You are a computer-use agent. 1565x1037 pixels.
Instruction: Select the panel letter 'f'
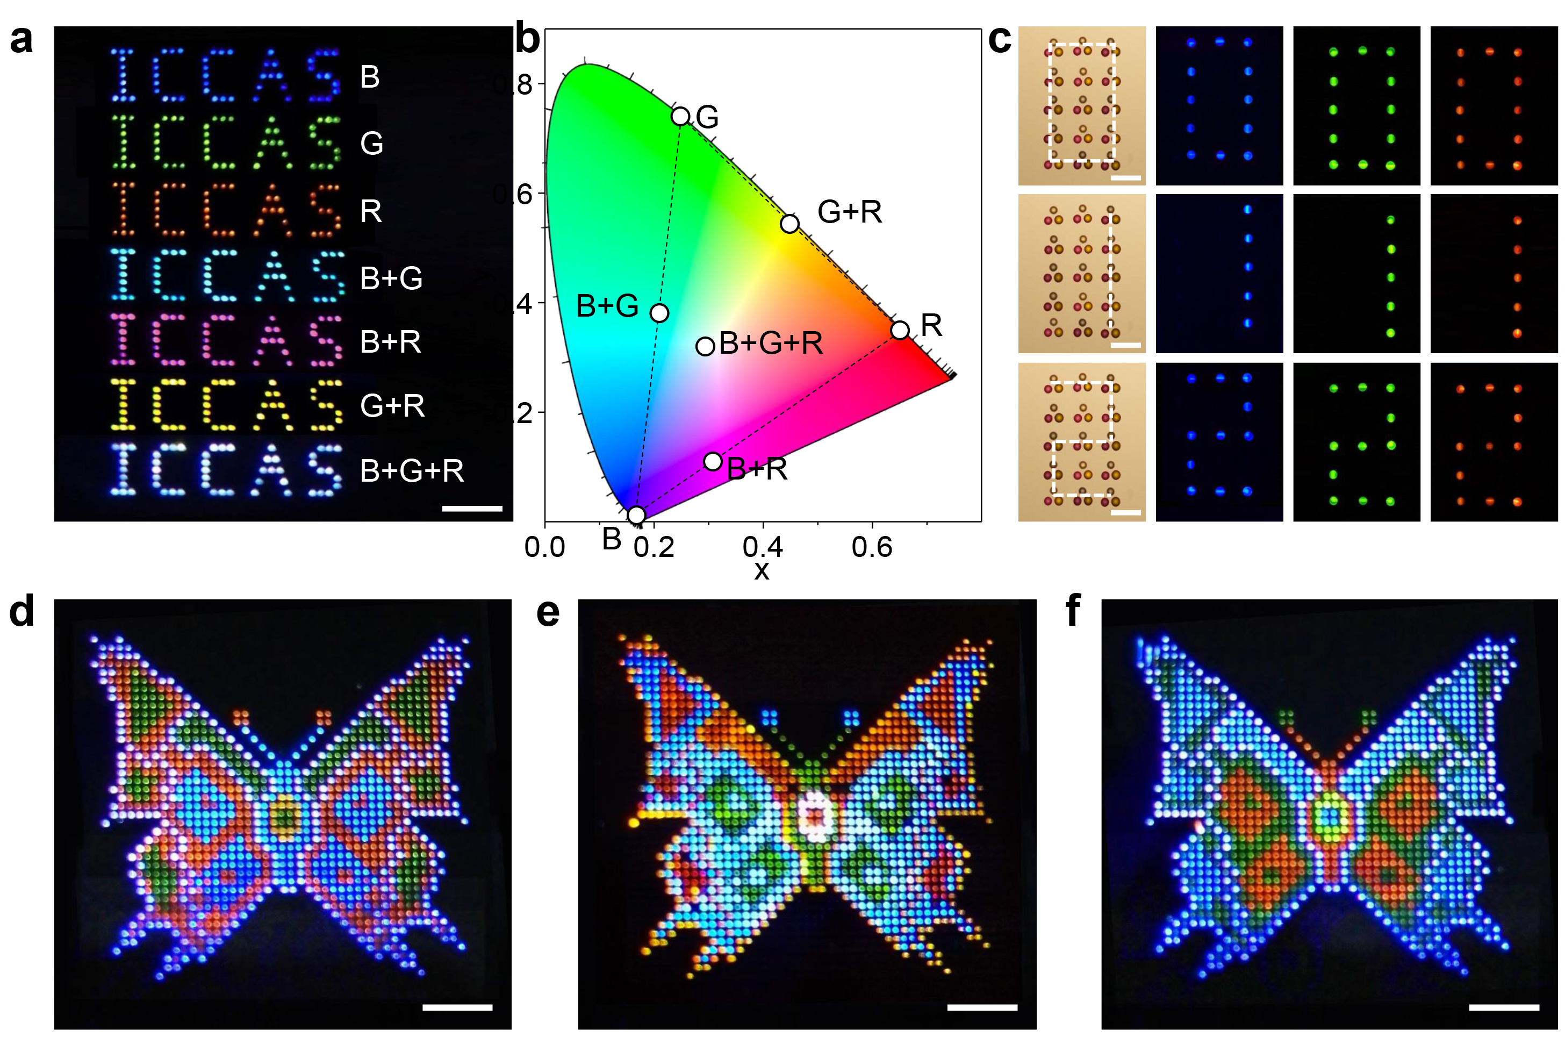(x=1073, y=610)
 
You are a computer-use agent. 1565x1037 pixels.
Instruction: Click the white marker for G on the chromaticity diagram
(x=680, y=117)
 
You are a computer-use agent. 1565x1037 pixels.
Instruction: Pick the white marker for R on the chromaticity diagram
(x=899, y=330)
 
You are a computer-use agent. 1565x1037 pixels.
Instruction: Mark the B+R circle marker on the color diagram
(x=712, y=461)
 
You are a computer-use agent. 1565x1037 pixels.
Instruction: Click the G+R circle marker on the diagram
(x=789, y=224)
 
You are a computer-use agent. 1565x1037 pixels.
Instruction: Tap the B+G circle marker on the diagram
(x=659, y=313)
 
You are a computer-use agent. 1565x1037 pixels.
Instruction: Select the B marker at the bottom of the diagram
(x=636, y=515)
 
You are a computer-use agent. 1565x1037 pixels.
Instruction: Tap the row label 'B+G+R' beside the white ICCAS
(x=412, y=471)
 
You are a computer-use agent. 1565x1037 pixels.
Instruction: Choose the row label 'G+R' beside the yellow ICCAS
(x=392, y=405)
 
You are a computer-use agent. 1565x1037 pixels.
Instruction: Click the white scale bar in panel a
(x=472, y=509)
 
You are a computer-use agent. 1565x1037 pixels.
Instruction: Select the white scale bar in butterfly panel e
(x=982, y=1007)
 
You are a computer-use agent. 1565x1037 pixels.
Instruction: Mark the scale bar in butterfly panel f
(x=1504, y=1007)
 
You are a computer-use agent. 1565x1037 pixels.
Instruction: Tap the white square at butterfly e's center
(x=816, y=817)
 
